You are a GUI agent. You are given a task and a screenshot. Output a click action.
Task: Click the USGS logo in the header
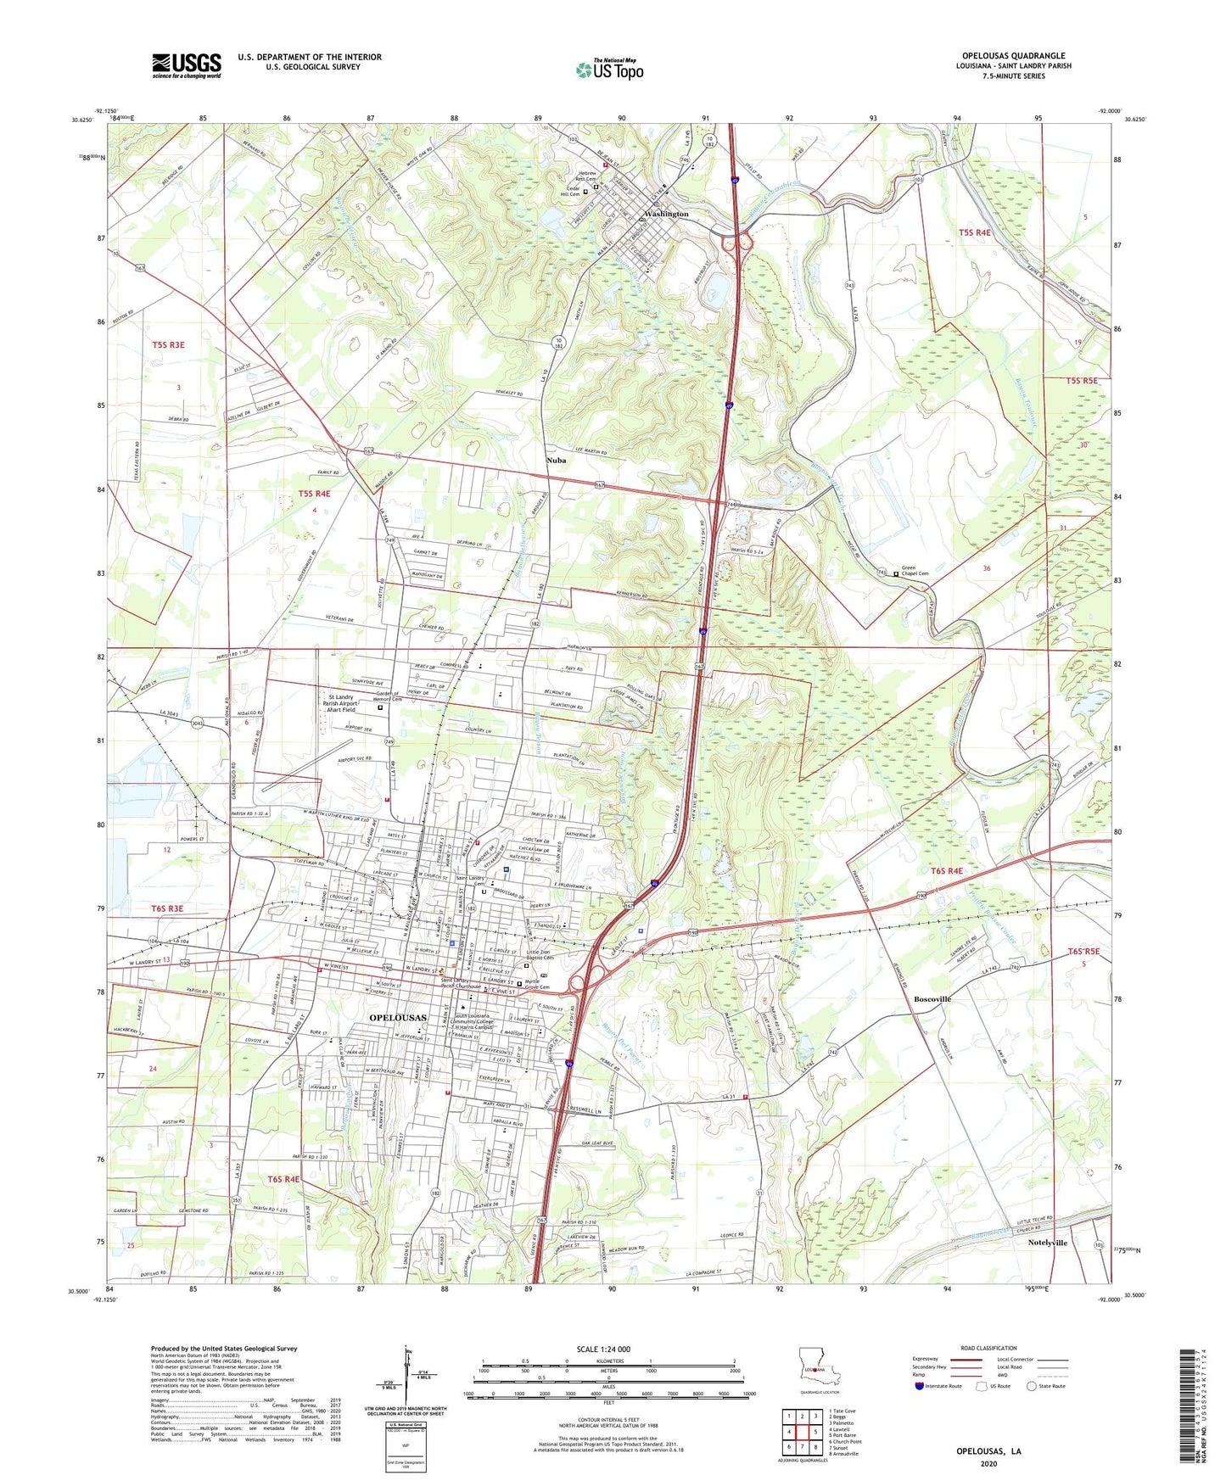coord(187,64)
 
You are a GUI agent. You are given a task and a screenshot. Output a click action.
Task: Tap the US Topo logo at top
coord(608,70)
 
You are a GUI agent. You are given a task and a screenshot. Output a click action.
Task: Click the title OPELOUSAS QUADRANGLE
coord(1013,56)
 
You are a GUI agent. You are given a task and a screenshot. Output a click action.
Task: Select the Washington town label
coord(666,214)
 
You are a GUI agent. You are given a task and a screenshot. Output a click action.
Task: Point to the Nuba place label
coord(556,461)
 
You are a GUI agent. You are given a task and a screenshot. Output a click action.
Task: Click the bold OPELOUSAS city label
coord(398,1017)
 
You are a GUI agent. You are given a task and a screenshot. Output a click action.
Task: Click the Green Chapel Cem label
coord(915,572)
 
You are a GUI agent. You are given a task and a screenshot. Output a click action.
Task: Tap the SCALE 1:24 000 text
coord(603,1350)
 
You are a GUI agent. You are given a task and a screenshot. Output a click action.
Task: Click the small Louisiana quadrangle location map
coord(818,1361)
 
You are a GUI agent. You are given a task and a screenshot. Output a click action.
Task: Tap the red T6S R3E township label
coord(167,908)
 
